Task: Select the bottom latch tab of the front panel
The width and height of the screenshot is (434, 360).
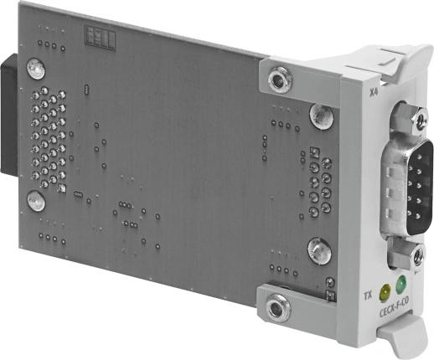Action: pyautogui.click(x=405, y=339)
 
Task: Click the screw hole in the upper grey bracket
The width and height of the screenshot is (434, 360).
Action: pyautogui.click(x=277, y=81)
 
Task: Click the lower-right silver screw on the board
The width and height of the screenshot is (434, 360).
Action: pyautogui.click(x=318, y=249)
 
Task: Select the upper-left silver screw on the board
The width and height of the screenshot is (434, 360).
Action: pyautogui.click(x=35, y=66)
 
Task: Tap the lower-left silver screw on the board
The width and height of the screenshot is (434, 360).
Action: pyautogui.click(x=36, y=200)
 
